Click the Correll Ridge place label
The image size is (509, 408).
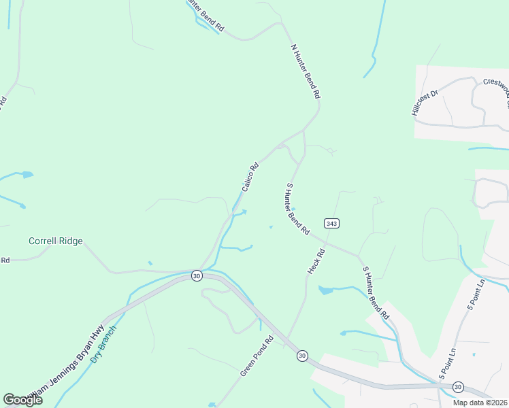[x=56, y=241]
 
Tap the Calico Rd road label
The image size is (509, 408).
[x=250, y=175]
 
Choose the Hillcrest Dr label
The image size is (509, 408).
[x=426, y=100]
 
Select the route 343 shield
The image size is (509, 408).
[x=332, y=223]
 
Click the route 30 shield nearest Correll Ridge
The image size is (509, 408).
[x=197, y=275]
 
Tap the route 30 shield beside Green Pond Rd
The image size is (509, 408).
[x=302, y=355]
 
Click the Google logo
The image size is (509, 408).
[x=22, y=399]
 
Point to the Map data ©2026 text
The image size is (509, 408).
[x=480, y=403]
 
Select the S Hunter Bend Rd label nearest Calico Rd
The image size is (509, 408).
[x=298, y=208]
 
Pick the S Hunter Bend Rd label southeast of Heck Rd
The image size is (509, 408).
[x=376, y=293]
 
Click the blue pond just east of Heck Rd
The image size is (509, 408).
[x=326, y=290]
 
